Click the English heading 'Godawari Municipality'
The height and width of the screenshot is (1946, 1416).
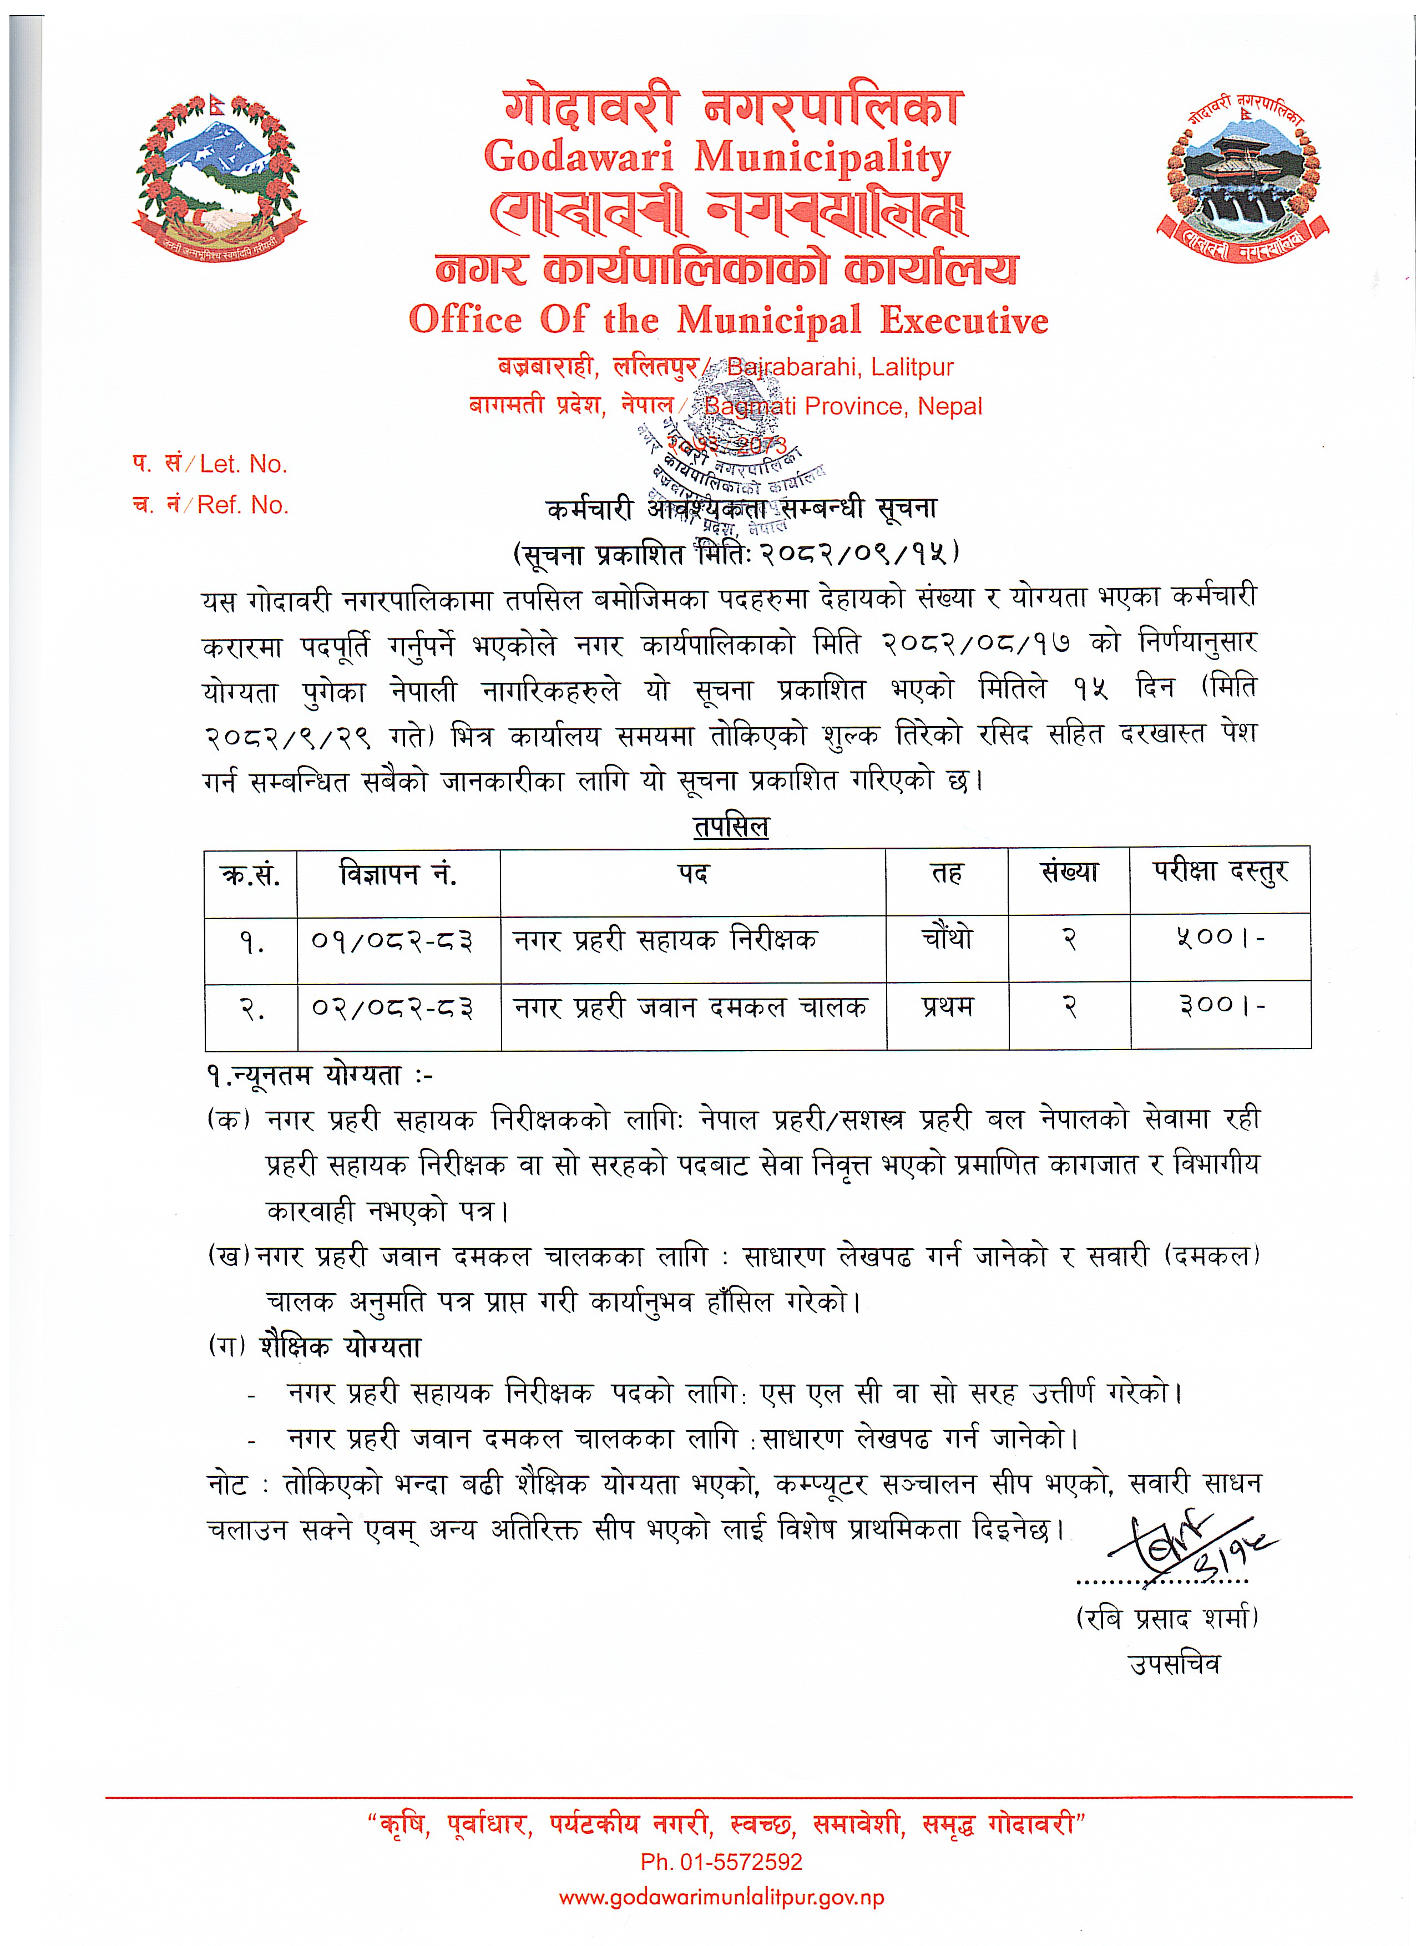[717, 158]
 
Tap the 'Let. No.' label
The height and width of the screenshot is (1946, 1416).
[243, 464]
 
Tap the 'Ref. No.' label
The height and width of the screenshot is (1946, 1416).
[243, 504]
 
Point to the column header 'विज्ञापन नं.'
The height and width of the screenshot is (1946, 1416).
[398, 875]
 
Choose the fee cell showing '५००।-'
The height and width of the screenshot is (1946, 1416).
[1220, 939]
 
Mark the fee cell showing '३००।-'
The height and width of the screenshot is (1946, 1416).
[1220, 1006]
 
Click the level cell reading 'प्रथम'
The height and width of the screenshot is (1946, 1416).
[948, 1006]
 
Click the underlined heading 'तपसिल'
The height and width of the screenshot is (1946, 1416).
[730, 827]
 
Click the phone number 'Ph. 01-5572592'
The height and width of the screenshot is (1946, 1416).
[721, 1862]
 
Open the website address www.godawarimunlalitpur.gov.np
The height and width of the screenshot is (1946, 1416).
[721, 1897]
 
